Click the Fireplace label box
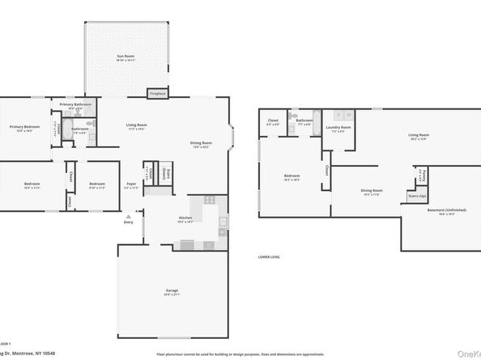coord(157,94)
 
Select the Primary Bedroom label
coord(24,127)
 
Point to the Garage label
coord(172,290)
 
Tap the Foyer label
coord(131,184)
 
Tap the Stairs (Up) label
coord(417,196)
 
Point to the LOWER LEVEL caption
coord(269,256)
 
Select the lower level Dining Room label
coord(372,192)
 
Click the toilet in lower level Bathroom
coord(298,114)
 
